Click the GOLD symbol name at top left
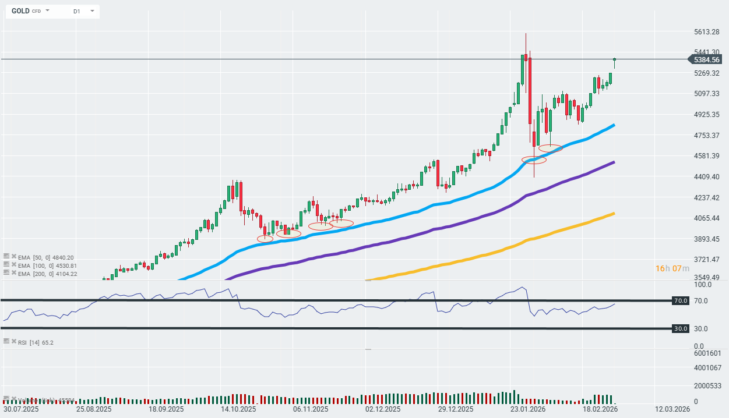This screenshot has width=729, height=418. pyautogui.click(x=20, y=11)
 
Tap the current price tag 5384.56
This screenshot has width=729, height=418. pyautogui.click(x=707, y=59)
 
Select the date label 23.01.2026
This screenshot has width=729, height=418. pyautogui.click(x=529, y=409)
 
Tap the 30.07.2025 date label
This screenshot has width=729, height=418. pyautogui.click(x=21, y=409)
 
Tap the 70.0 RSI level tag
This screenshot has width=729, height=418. pyautogui.click(x=681, y=301)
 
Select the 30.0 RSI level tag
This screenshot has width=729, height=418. pyautogui.click(x=681, y=329)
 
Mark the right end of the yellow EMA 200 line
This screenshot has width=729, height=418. pyautogui.click(x=614, y=214)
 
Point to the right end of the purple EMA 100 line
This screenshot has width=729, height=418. pyautogui.click(x=614, y=162)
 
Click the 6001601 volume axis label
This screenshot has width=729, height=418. pyautogui.click(x=707, y=353)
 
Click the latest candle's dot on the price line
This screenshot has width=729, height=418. pyautogui.click(x=614, y=59)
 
